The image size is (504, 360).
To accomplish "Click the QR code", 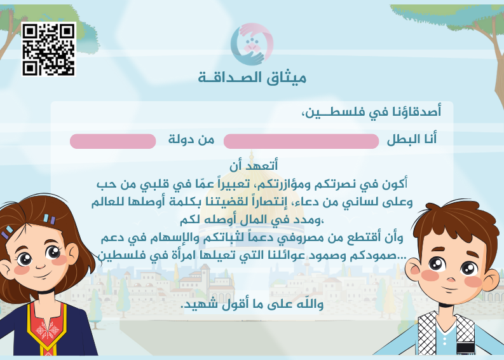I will [x=48, y=49].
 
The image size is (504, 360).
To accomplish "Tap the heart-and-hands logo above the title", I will [x=252, y=44].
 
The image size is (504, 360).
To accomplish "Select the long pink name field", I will [x=301, y=141].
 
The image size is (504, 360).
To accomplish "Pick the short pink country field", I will [x=112, y=141].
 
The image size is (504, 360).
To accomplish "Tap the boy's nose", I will [x=453, y=273].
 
